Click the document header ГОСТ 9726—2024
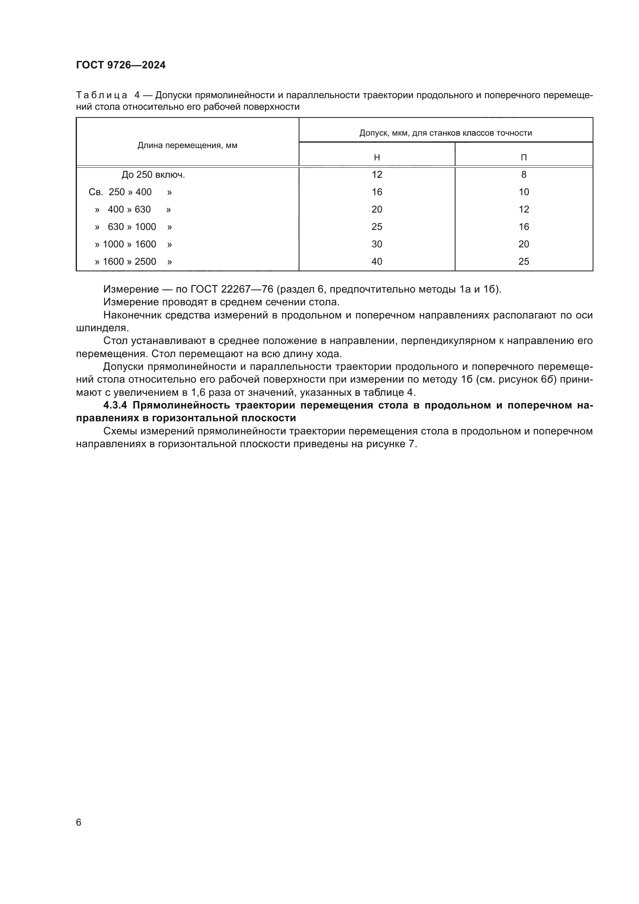(121, 65)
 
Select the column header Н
(377, 157)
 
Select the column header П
(523, 157)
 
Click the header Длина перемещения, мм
(187, 145)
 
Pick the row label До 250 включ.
(153, 175)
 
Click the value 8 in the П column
(523, 175)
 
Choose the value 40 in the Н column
(377, 261)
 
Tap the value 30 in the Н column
(377, 244)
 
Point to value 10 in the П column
(523, 192)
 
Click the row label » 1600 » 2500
(133, 261)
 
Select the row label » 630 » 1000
(133, 227)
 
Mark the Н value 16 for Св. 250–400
(377, 192)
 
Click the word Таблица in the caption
(102, 95)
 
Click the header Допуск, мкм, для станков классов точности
(445, 133)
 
